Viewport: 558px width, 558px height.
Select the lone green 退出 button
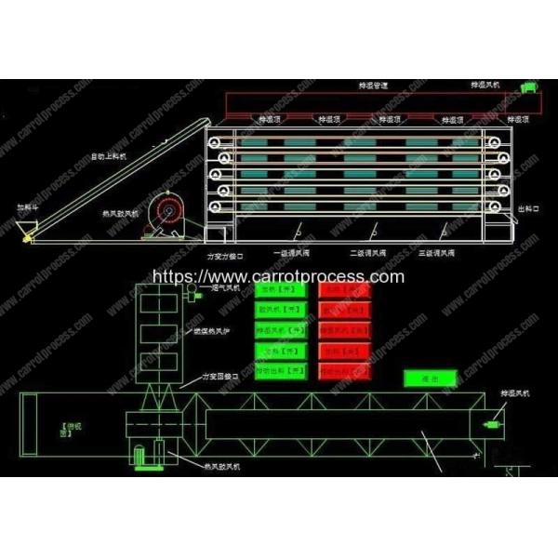pos(429,378)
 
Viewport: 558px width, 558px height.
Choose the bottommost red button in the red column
pos(343,370)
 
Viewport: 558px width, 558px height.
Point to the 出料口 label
pos(526,209)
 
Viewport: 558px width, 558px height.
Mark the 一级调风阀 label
pos(289,252)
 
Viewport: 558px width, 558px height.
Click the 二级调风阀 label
pos(365,252)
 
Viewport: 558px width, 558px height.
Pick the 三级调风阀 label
pos(437,252)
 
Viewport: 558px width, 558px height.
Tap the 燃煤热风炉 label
pos(219,332)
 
